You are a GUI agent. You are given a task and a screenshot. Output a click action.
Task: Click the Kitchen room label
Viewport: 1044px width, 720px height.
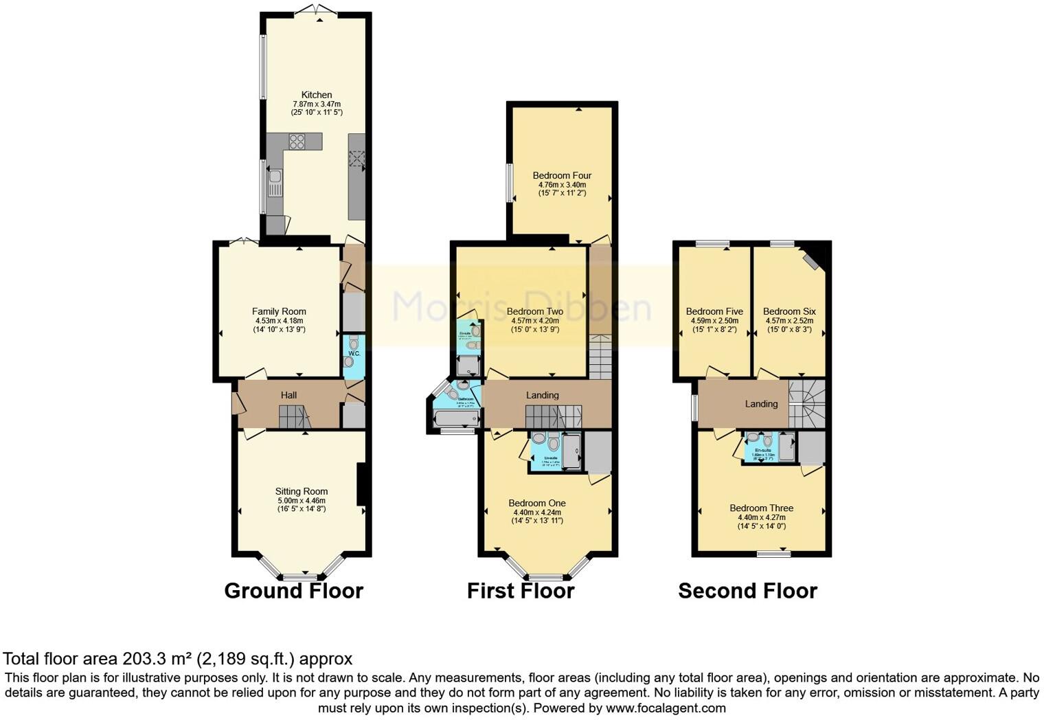[316, 95]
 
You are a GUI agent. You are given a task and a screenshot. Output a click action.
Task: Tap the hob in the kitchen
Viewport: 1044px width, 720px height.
[297, 142]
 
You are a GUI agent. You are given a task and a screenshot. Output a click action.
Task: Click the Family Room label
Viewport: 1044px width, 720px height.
[279, 311]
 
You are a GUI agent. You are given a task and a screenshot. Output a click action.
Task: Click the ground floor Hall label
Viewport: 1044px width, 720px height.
[288, 395]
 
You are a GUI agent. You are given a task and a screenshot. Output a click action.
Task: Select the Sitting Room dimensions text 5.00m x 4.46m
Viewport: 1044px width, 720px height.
[302, 500]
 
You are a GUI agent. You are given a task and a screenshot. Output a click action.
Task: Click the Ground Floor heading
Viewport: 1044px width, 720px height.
[293, 591]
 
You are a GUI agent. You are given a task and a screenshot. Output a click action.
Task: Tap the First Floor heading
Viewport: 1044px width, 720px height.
[520, 591]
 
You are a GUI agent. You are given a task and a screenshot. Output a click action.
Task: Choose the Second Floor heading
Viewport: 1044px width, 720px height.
[747, 591]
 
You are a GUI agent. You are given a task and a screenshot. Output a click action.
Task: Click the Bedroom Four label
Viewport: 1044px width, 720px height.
[562, 175]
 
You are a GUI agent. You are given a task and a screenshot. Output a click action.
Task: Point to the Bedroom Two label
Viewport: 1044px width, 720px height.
[534, 311]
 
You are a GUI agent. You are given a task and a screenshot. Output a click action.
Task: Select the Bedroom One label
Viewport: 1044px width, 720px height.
[537, 503]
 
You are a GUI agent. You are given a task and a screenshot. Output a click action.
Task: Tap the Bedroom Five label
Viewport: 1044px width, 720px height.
[714, 311]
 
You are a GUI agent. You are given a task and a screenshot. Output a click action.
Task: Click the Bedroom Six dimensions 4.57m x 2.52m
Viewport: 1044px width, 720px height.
[789, 321]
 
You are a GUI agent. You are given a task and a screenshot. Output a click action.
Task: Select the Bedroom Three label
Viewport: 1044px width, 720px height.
[761, 508]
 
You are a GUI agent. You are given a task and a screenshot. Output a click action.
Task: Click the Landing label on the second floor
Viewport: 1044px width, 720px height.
[761, 404]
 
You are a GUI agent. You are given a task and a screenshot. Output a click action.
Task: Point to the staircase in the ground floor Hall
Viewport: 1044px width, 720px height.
[294, 416]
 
